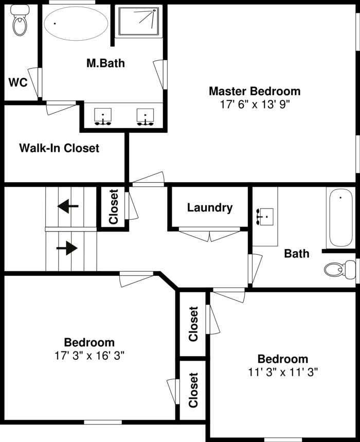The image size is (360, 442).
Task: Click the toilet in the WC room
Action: click(x=20, y=20)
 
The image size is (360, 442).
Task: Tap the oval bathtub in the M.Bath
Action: click(x=76, y=23)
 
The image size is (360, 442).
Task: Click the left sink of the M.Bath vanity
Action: click(x=102, y=117)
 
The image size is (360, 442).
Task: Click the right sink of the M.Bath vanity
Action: click(x=146, y=117)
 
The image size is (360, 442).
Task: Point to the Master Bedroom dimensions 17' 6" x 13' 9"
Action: click(x=255, y=105)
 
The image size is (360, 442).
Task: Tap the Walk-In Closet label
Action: click(x=59, y=148)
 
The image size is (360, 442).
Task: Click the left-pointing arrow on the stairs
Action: click(x=68, y=206)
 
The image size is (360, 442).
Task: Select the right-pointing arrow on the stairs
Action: click(x=67, y=248)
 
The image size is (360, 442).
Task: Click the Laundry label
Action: click(x=210, y=208)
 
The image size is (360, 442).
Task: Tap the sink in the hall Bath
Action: click(x=265, y=217)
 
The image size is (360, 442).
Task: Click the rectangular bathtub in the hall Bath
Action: click(x=341, y=218)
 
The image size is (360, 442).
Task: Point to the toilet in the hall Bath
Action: click(x=340, y=270)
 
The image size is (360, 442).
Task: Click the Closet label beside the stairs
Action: click(x=113, y=207)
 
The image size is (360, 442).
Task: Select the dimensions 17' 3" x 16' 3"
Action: click(x=89, y=356)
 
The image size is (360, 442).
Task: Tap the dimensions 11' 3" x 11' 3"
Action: click(x=283, y=373)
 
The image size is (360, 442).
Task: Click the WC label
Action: click(x=18, y=83)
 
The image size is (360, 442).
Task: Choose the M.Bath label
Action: click(x=105, y=63)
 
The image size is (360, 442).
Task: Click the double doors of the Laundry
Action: click(x=210, y=234)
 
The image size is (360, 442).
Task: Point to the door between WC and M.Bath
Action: click(x=35, y=82)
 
